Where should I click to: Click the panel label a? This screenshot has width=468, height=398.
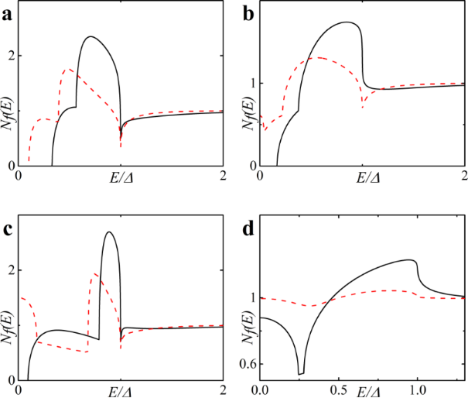pyautogui.click(x=7, y=11)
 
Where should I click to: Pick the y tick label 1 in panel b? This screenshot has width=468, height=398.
pyautogui.click(x=251, y=83)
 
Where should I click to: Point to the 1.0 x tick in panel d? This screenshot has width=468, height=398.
pyautogui.click(x=418, y=390)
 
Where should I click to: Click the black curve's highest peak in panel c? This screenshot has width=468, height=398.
pyautogui.click(x=109, y=232)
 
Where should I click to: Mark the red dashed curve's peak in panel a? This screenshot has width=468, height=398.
pyautogui.click(x=68, y=69)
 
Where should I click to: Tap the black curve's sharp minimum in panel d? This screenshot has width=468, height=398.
pyautogui.click(x=301, y=374)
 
